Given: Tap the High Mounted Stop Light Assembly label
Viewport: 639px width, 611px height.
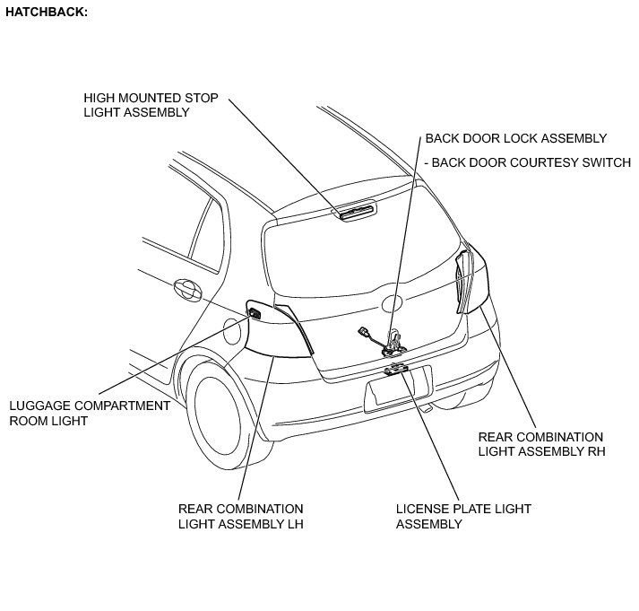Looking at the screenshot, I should click(x=151, y=105).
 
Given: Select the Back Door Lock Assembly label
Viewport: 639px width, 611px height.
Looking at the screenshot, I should click(x=516, y=138).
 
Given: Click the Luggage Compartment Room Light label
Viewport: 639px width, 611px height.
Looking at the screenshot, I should click(x=89, y=413).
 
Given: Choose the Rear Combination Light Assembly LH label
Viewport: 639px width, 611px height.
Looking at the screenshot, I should click(x=240, y=516).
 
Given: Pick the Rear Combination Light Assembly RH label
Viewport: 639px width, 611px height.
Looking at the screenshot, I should click(x=541, y=444).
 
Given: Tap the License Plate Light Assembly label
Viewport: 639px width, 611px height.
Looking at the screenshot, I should click(x=463, y=516).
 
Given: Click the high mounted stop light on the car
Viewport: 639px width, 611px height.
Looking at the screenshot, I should click(x=357, y=211).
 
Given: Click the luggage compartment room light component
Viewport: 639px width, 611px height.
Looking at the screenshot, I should click(x=254, y=314).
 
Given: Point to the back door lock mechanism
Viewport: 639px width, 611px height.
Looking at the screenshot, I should click(x=392, y=342).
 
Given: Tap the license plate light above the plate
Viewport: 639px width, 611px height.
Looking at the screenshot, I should click(x=395, y=368).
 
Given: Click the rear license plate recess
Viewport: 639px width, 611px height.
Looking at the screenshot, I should click(x=398, y=388).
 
